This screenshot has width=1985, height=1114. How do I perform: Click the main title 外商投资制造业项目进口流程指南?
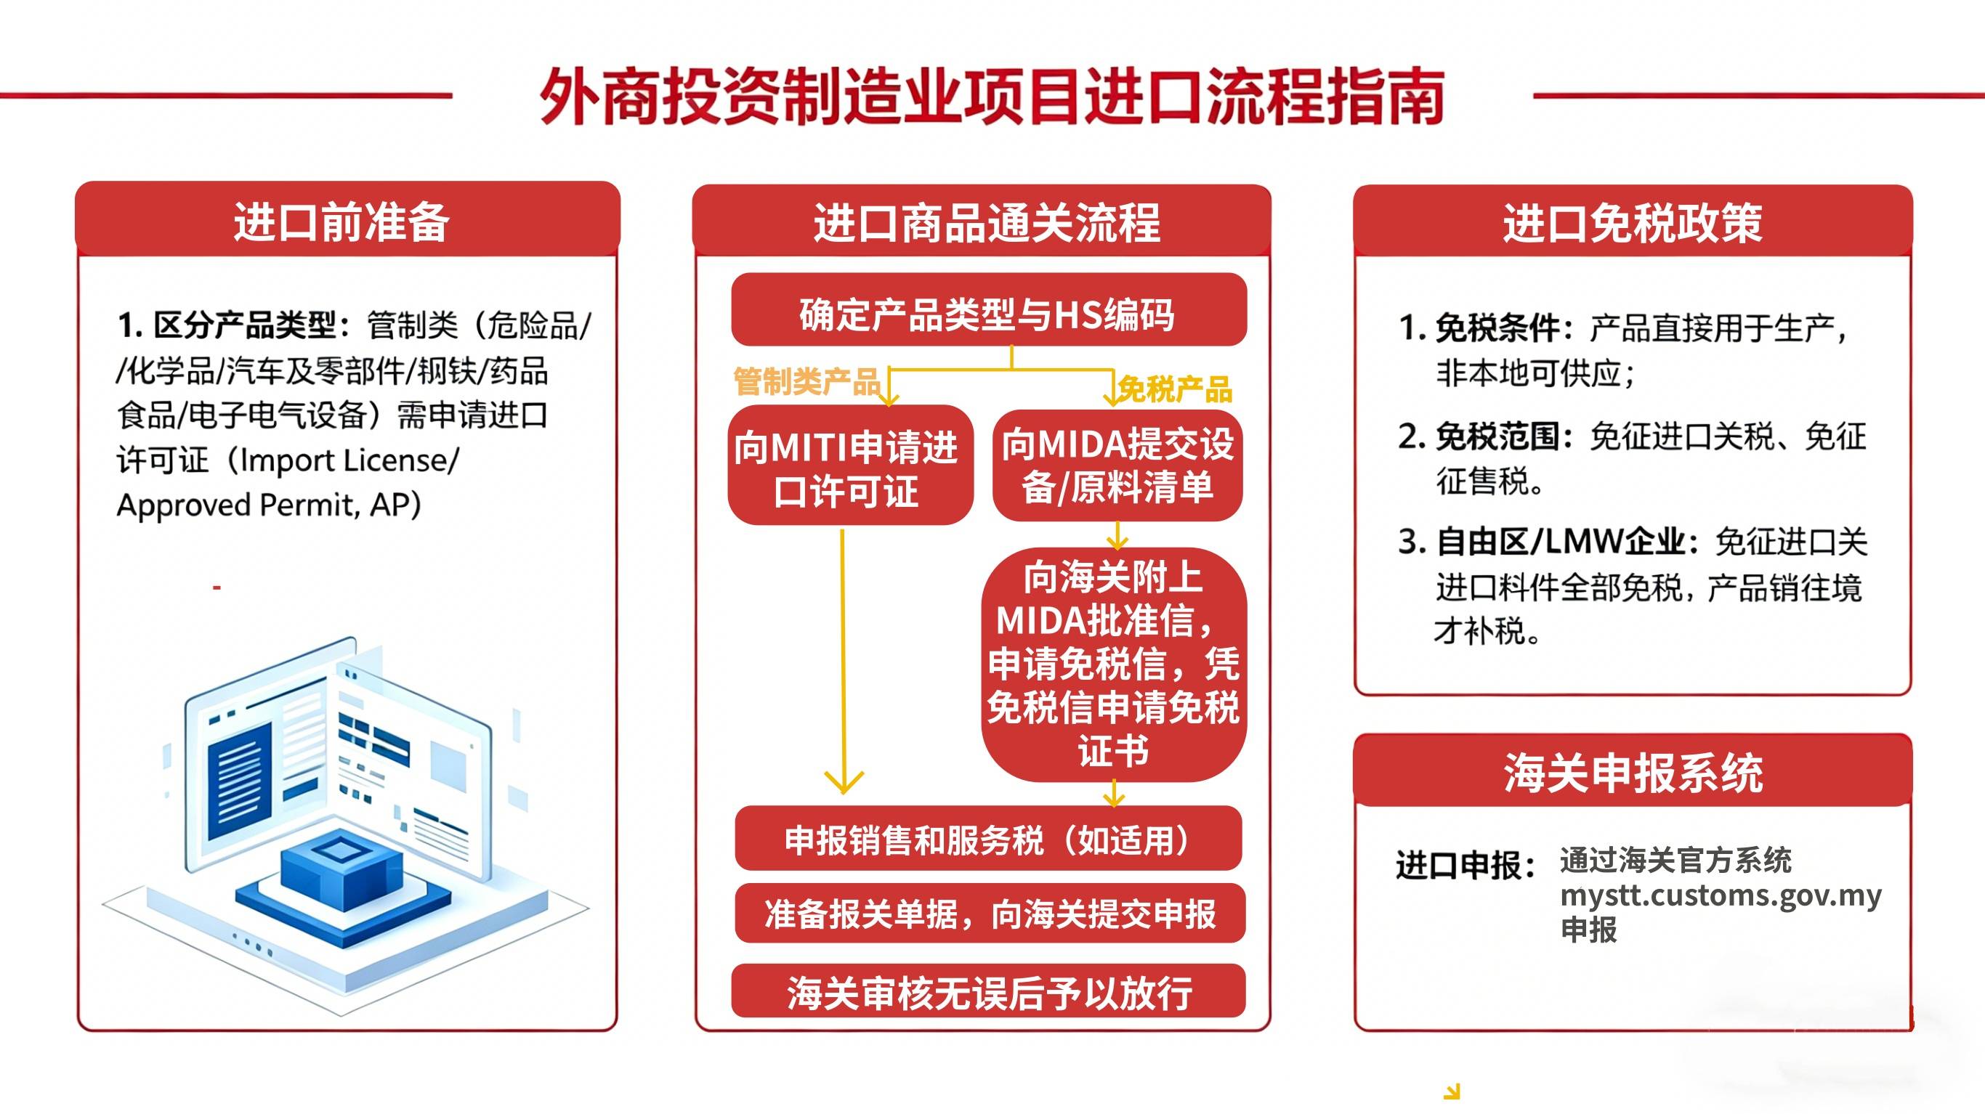[992, 97]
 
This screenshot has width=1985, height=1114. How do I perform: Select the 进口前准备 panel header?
[347, 219]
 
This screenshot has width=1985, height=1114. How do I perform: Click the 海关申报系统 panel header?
[1633, 771]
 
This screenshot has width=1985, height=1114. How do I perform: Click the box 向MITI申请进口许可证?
[850, 465]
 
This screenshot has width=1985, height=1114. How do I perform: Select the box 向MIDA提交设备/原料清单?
[1117, 465]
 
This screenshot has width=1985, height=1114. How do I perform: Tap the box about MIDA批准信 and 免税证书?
[1114, 664]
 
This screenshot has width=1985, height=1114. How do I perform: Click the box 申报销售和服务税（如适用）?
[989, 837]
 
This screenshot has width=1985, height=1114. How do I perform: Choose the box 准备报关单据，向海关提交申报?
[990, 913]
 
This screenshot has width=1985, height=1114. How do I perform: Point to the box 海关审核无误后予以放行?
[989, 991]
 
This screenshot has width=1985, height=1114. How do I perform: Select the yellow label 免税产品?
[1174, 390]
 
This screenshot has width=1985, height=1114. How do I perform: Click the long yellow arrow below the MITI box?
[843, 661]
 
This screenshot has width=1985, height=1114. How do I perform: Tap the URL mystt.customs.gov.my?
[1721, 895]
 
